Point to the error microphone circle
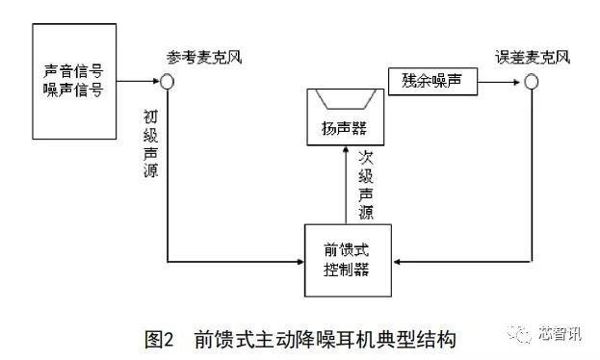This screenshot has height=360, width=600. click(530, 82)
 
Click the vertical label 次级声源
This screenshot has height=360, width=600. click(366, 183)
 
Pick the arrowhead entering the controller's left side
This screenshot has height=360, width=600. click(298, 260)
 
